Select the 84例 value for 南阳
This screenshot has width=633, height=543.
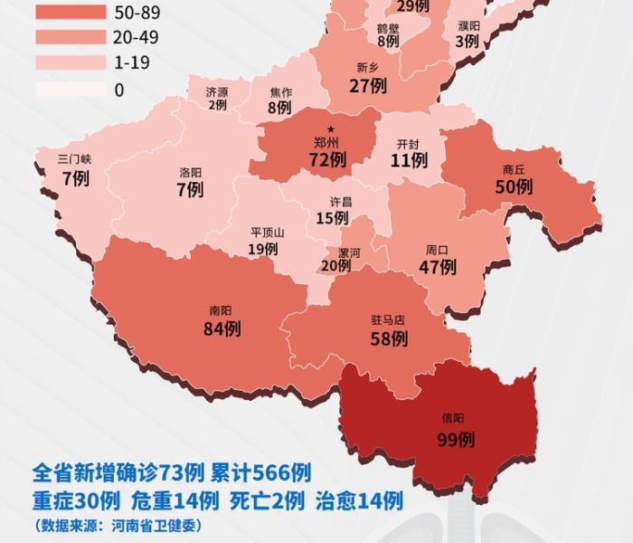click(x=222, y=329)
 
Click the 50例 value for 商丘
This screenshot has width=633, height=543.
click(x=514, y=186)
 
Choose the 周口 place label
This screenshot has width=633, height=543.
click(x=437, y=250)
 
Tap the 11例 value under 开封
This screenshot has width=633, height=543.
click(x=409, y=161)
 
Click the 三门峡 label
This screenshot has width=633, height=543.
click(x=75, y=159)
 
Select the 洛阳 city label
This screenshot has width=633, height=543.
click(x=190, y=172)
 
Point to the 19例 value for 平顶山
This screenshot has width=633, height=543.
click(x=263, y=248)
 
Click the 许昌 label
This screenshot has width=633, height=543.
click(x=332, y=201)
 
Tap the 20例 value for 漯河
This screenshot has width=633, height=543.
click(x=335, y=265)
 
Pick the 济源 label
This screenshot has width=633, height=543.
click(x=217, y=92)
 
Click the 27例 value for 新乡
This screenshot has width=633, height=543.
click(x=368, y=85)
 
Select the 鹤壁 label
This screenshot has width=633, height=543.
click(x=388, y=28)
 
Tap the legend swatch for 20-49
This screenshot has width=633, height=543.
click(x=71, y=38)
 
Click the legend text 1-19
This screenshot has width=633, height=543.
click(x=133, y=63)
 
